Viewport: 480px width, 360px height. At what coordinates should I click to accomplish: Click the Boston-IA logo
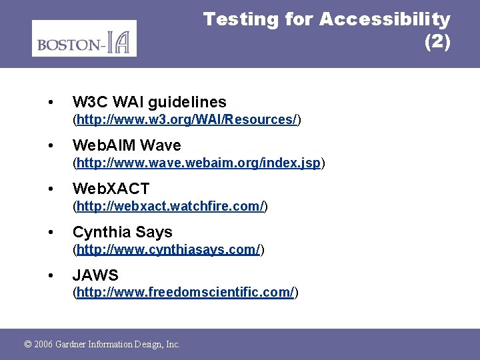click(x=84, y=39)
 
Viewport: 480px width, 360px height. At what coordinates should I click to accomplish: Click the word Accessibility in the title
click(x=385, y=19)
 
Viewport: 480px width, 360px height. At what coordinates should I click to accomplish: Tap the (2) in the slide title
click(x=437, y=42)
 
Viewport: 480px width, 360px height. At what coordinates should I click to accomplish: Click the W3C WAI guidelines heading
click(x=149, y=102)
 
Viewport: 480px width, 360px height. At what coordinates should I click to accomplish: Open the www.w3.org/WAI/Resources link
click(x=187, y=120)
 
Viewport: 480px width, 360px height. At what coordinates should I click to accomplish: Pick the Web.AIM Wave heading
click(x=127, y=145)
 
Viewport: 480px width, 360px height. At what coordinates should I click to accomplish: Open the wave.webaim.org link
click(x=199, y=163)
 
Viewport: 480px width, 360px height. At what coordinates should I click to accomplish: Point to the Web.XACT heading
click(x=111, y=189)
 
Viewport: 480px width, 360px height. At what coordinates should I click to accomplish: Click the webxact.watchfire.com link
click(x=170, y=207)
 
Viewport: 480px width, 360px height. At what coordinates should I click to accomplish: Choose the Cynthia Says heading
click(x=122, y=232)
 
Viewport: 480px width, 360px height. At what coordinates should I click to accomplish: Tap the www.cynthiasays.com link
click(x=168, y=250)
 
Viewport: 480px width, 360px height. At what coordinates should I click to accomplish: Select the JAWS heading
click(x=95, y=275)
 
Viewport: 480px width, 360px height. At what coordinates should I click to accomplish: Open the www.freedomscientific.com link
click(x=185, y=293)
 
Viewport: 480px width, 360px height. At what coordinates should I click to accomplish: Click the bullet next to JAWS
click(x=51, y=275)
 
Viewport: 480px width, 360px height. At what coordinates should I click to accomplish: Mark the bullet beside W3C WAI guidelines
click(x=51, y=103)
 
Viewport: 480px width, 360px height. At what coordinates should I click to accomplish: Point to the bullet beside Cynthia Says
click(x=51, y=233)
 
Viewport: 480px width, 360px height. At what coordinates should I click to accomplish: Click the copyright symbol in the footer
click(x=28, y=345)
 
